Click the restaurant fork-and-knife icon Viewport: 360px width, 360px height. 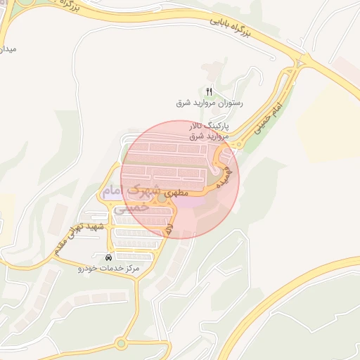point(209,92)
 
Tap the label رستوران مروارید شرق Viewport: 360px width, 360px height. point(209,103)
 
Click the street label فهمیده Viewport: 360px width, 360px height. point(224,174)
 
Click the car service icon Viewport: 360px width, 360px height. point(108,257)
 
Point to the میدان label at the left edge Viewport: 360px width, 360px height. point(8,50)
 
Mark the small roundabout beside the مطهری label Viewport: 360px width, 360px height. point(162,199)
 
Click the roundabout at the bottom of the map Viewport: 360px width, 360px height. point(122,343)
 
